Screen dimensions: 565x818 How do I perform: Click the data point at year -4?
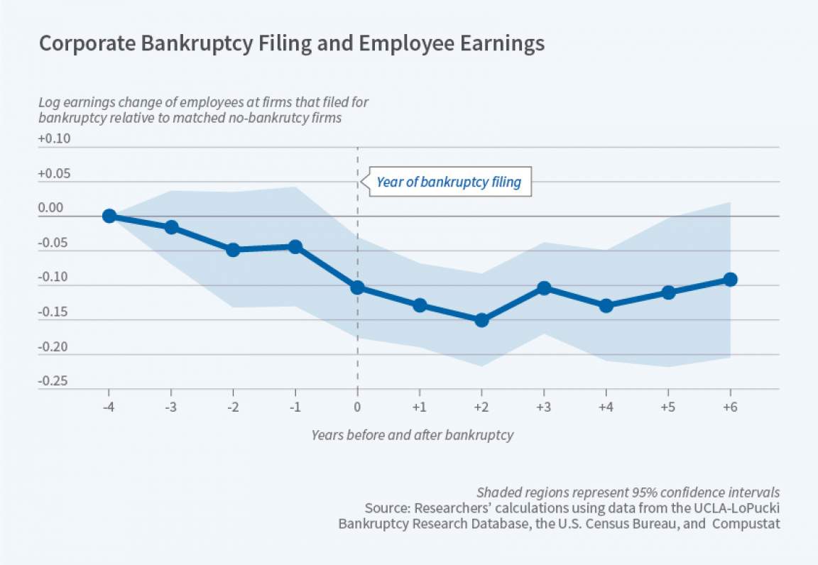pos(109,216)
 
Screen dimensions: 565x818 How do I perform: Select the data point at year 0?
pos(357,287)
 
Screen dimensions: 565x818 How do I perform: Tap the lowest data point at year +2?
pos(481,320)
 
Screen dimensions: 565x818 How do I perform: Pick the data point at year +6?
pos(730,279)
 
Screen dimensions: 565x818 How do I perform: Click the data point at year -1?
pos(295,246)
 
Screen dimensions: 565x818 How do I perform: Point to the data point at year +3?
pos(544,287)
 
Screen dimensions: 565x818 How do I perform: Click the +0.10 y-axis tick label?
pos(54,139)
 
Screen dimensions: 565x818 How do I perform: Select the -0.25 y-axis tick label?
pos(54,381)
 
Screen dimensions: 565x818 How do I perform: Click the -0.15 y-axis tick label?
pos(54,312)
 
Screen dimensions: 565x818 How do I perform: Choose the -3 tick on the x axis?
pos(170,407)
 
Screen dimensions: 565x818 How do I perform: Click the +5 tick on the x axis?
pos(667,407)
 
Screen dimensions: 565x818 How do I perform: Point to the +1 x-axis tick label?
pos(419,407)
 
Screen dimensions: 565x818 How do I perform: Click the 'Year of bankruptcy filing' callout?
pos(448,182)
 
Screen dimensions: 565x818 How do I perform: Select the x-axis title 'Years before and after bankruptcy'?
pos(412,435)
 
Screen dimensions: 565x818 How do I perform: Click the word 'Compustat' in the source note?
pos(745,525)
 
